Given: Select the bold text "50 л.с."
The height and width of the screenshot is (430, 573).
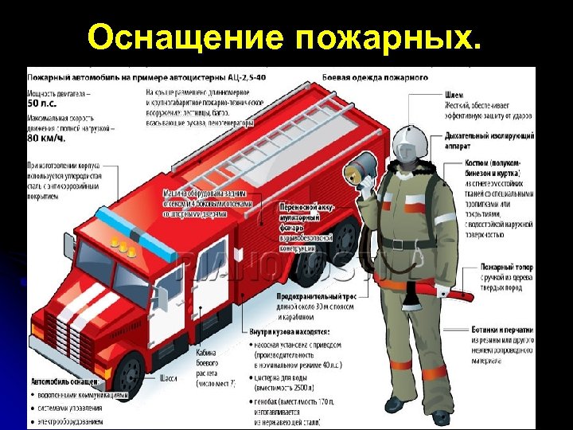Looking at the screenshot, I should coord(45,104).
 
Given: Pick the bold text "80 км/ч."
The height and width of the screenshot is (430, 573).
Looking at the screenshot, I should coord(46,137).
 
